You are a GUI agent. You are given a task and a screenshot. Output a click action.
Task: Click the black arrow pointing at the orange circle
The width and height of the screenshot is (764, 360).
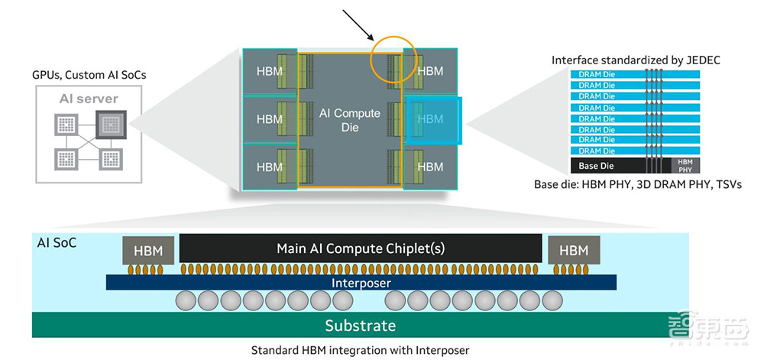[x=356, y=25]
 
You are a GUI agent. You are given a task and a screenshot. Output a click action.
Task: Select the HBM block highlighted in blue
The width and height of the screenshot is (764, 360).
[x=432, y=119]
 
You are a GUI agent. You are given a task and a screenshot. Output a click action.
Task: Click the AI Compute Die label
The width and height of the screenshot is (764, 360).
[x=350, y=120]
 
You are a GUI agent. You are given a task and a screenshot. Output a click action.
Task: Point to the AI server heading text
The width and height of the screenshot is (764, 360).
[x=89, y=99]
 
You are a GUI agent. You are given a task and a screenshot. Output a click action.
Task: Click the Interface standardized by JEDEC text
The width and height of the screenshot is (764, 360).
[x=636, y=60]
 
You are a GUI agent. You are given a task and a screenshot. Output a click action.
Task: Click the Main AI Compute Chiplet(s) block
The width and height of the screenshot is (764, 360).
[x=361, y=248]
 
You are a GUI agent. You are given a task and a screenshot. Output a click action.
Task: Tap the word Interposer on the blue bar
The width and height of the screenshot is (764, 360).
[x=361, y=283]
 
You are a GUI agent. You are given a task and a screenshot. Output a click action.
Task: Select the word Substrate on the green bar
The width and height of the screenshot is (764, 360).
[x=361, y=326]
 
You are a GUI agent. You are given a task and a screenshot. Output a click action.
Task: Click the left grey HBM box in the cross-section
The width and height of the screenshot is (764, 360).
[x=148, y=250]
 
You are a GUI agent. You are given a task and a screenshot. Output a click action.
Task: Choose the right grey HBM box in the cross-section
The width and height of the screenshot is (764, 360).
[x=574, y=250]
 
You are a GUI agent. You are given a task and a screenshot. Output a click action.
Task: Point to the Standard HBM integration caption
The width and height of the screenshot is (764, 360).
[x=361, y=351]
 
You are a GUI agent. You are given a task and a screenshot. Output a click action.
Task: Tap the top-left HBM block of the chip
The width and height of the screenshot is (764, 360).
[x=270, y=71]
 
